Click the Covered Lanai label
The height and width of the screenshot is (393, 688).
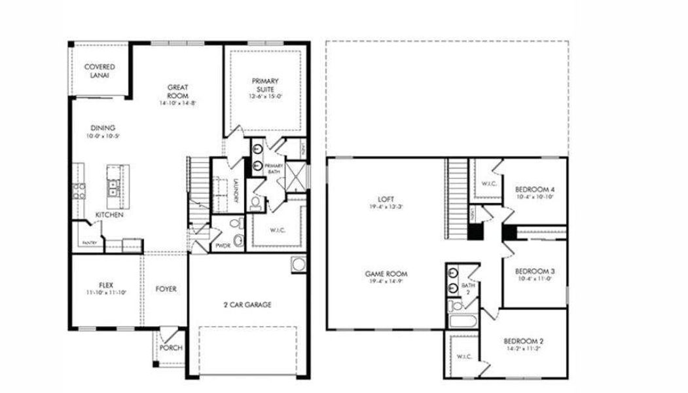click(100, 71)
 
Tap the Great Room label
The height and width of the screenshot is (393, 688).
click(178, 91)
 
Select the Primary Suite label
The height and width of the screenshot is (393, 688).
click(265, 85)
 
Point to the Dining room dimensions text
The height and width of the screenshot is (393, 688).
click(103, 136)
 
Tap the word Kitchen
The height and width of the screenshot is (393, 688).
click(109, 215)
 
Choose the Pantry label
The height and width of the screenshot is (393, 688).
click(90, 243)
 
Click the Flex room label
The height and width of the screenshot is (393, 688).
click(105, 284)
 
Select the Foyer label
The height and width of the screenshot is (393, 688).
click(166, 289)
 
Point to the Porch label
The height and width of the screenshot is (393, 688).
click(171, 348)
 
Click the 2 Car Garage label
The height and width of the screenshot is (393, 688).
click(247, 305)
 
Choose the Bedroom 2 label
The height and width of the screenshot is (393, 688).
click(524, 341)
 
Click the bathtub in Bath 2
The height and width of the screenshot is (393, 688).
click(464, 322)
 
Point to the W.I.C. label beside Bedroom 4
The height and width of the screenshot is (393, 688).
click(488, 183)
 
